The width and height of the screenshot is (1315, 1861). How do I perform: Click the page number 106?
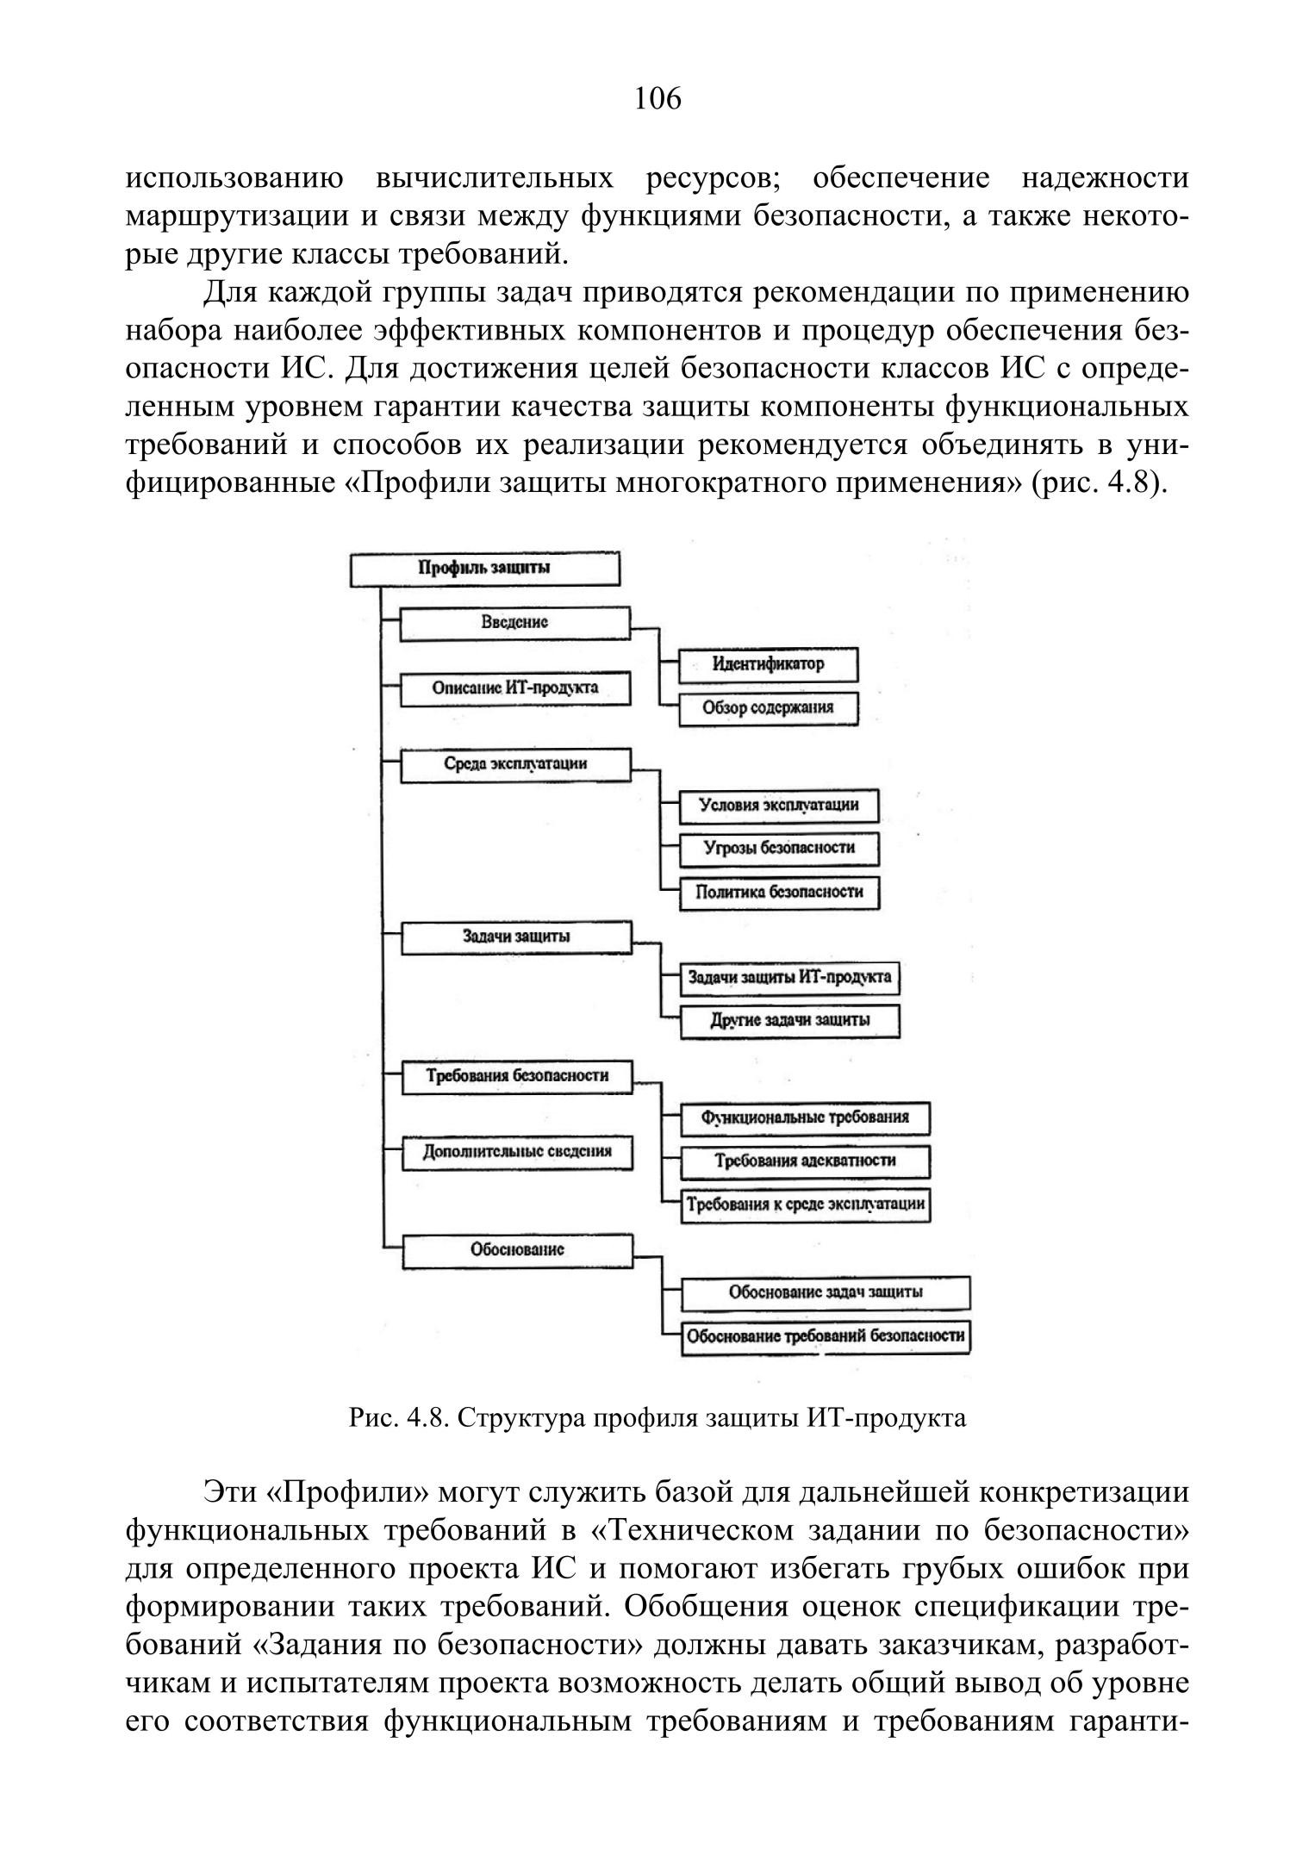(657, 99)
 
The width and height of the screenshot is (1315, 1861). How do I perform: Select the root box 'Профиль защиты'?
(485, 569)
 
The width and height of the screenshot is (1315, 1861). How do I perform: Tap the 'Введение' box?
(515, 623)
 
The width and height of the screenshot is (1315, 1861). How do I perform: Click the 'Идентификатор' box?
(769, 664)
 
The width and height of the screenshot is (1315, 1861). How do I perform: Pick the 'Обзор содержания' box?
(769, 708)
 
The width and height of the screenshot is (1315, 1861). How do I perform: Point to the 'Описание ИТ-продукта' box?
(515, 688)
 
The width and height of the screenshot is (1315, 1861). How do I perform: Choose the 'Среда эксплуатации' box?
(515, 764)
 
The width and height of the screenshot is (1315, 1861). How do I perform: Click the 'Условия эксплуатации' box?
(779, 806)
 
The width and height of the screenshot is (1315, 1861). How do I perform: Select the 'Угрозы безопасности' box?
(779, 848)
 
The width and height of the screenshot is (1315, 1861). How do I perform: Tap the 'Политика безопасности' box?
(779, 892)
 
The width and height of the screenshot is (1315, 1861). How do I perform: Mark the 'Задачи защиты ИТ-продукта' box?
(789, 978)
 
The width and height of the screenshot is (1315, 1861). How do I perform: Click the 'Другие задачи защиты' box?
(789, 1021)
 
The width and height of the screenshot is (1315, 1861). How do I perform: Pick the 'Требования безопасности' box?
(517, 1076)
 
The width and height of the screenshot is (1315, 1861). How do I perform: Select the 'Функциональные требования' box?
(806, 1118)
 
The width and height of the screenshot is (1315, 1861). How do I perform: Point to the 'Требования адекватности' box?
(806, 1161)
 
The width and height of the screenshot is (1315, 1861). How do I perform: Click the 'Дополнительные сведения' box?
(517, 1152)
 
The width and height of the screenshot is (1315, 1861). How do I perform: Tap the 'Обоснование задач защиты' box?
(826, 1292)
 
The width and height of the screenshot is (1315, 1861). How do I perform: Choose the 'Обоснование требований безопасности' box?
(826, 1336)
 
